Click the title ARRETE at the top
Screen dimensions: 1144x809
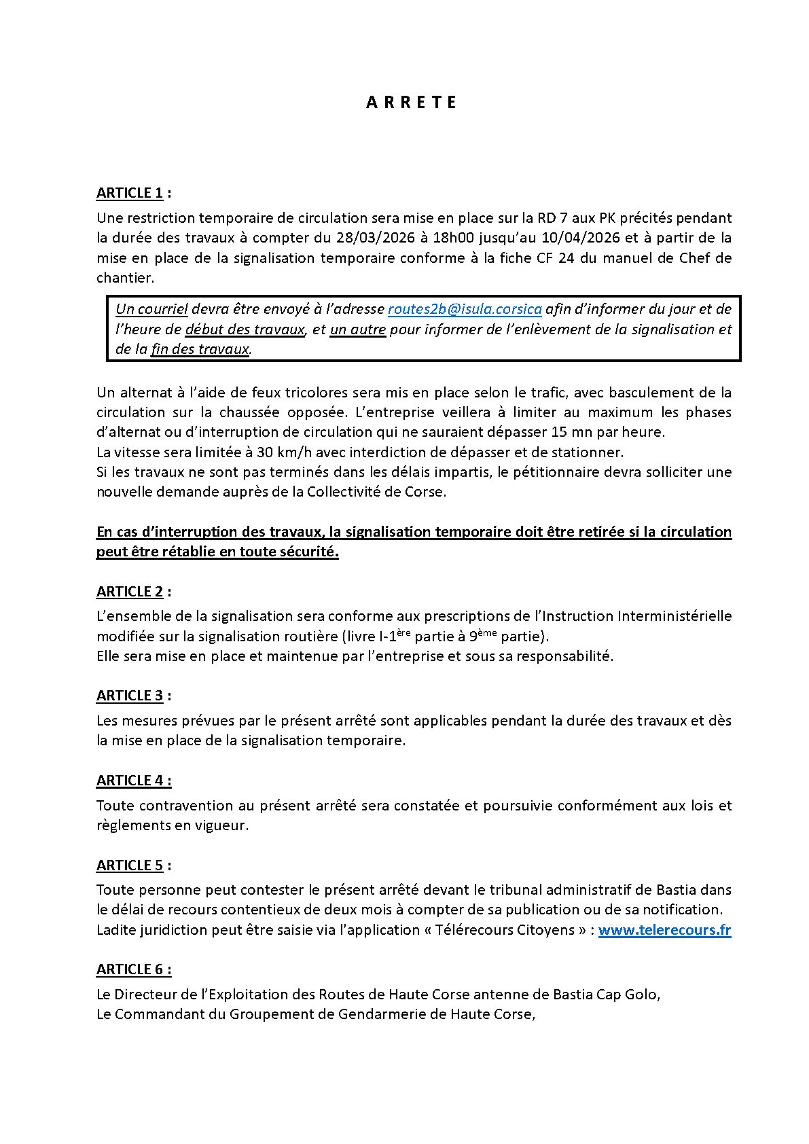411,103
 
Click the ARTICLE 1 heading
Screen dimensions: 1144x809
130,193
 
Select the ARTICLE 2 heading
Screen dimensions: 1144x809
130,592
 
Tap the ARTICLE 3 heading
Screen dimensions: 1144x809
130,696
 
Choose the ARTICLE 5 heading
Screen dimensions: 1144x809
130,865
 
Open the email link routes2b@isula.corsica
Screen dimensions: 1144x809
465,309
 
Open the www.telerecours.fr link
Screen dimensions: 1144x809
664,930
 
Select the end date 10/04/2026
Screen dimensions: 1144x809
581,238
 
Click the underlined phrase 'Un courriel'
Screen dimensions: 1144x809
151,309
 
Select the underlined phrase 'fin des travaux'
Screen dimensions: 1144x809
200,349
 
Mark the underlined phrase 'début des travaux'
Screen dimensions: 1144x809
245,329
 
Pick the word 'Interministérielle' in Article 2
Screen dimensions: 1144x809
675,616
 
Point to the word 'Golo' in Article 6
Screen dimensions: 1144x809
641,995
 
